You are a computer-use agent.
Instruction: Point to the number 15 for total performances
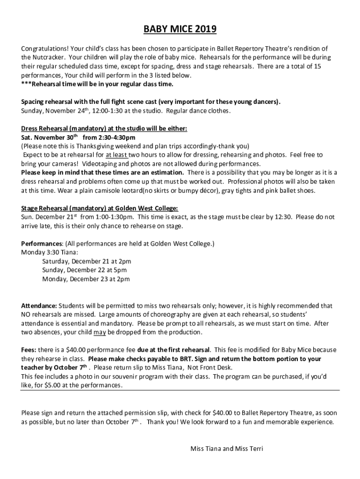pyautogui.click(x=317, y=66)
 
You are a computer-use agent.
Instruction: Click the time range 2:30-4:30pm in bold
pyautogui.click(x=109, y=137)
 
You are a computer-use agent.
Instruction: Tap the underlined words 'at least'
pyautogui.click(x=116, y=154)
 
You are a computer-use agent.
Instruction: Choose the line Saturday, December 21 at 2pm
pyautogui.click(x=86, y=261)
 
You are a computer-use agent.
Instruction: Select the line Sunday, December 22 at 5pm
pyautogui.click(x=84, y=270)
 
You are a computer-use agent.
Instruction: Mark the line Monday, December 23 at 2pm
pyautogui.click(x=86, y=279)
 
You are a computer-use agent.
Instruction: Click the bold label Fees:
pyautogui.click(x=29, y=350)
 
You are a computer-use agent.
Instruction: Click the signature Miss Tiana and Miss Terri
pyautogui.click(x=227, y=449)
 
